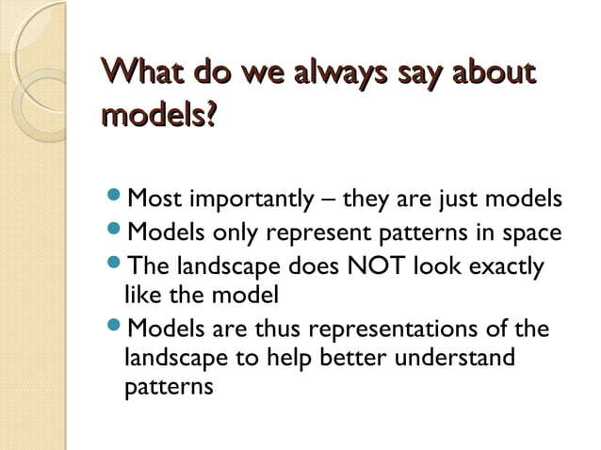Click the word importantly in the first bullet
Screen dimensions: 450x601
(x=251, y=201)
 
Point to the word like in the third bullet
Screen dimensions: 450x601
(x=140, y=295)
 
